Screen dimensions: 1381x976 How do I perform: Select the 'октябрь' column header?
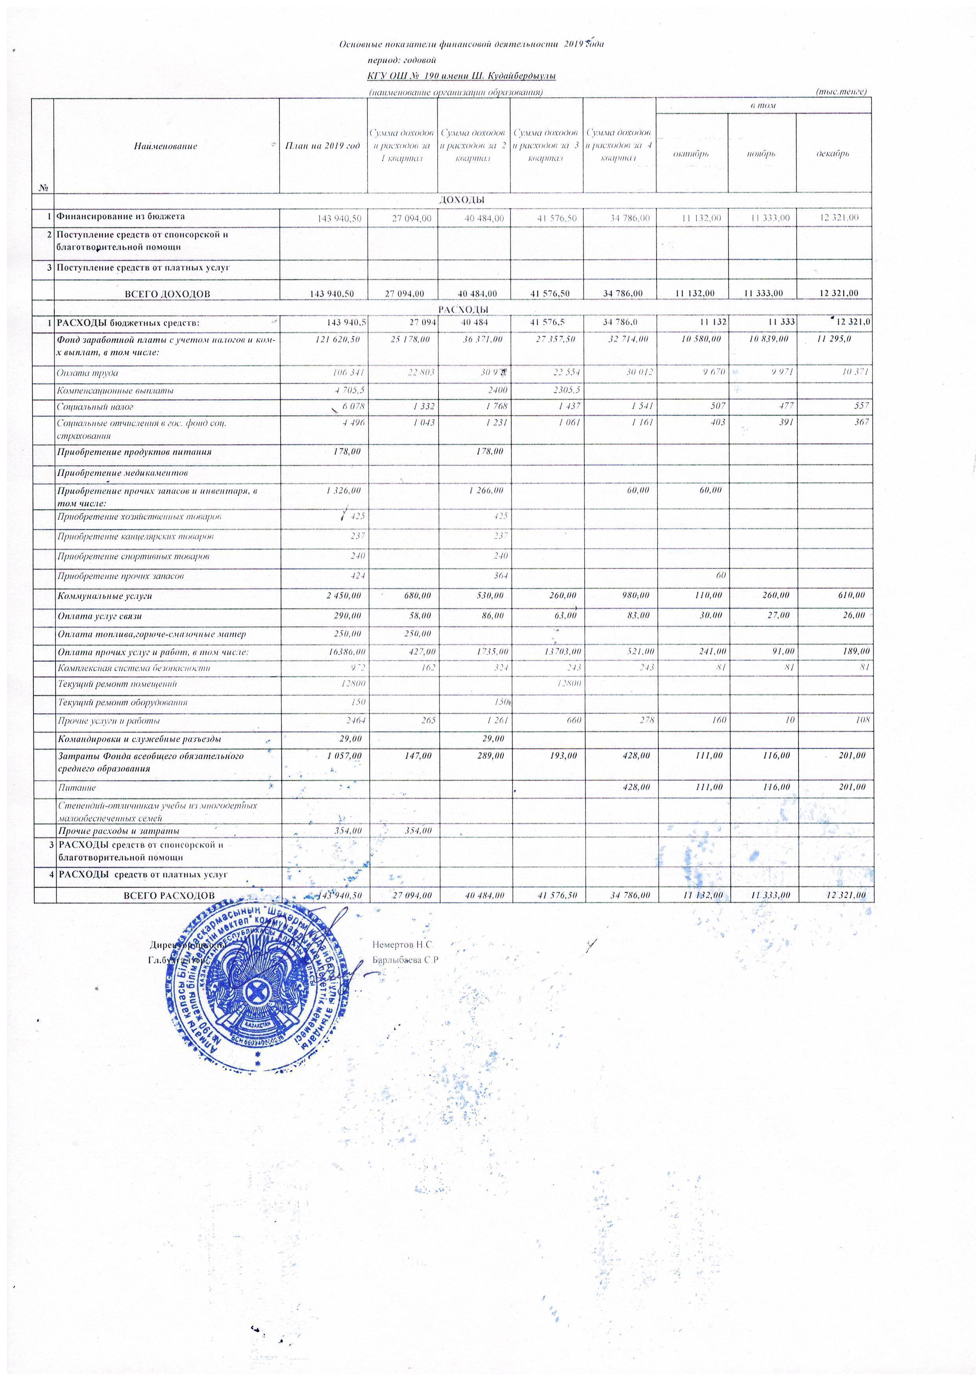point(691,154)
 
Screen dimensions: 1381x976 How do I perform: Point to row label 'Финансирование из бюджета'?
point(121,217)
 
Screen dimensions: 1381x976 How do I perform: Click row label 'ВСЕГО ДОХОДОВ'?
point(167,294)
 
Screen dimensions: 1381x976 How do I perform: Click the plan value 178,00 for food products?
point(347,452)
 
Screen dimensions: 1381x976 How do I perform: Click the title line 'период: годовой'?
point(401,60)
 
